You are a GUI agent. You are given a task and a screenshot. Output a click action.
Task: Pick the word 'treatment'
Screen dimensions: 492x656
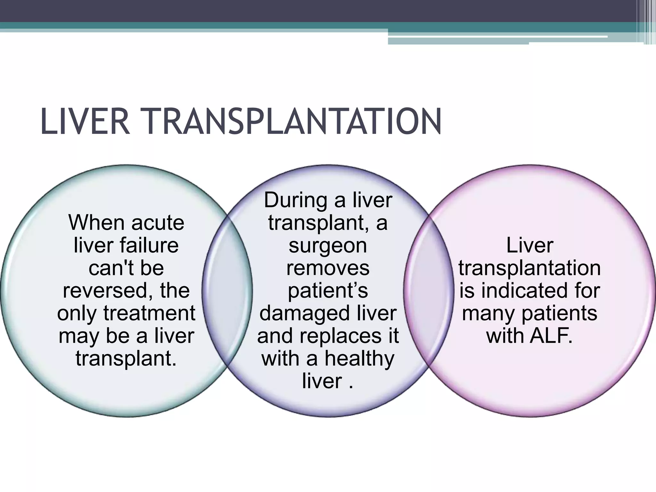(149, 313)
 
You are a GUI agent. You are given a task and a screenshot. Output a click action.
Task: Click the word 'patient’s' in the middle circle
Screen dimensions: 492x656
(328, 291)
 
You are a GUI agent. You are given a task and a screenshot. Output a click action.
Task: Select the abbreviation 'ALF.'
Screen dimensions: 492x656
(551, 336)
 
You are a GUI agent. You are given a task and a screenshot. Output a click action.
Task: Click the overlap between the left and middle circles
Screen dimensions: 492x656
(227, 291)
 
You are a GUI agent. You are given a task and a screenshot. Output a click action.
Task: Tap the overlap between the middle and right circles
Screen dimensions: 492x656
(429, 291)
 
